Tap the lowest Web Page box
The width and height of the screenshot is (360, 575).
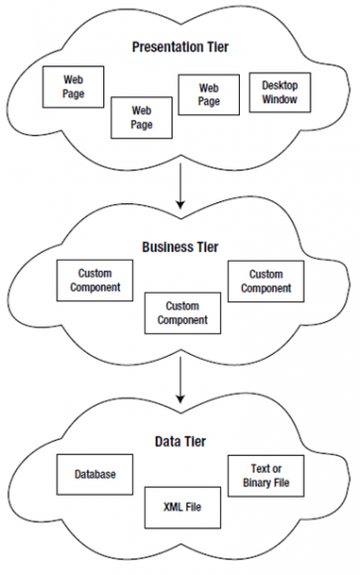[x=142, y=119]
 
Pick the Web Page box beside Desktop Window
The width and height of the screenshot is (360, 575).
[x=208, y=94]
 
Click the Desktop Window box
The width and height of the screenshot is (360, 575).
[x=281, y=93]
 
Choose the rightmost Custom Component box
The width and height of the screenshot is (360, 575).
[x=265, y=281]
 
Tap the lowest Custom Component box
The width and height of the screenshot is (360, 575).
[x=182, y=312]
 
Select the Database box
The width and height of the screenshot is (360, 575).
[x=94, y=475]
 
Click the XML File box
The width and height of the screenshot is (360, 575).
[x=182, y=507]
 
